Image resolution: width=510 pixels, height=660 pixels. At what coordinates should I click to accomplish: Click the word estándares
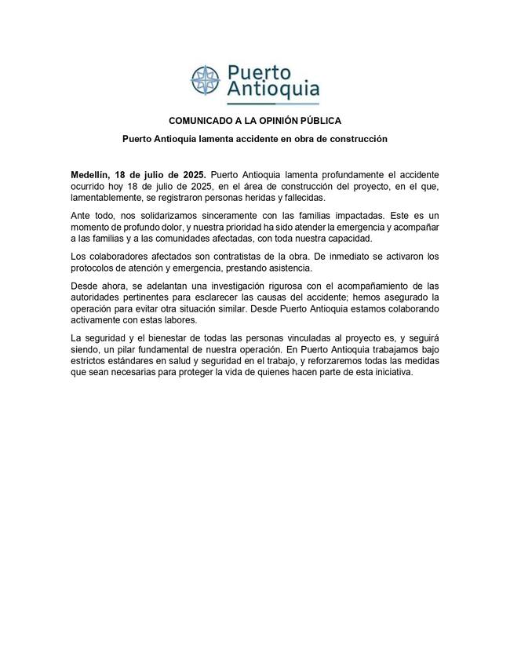(x=132, y=361)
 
